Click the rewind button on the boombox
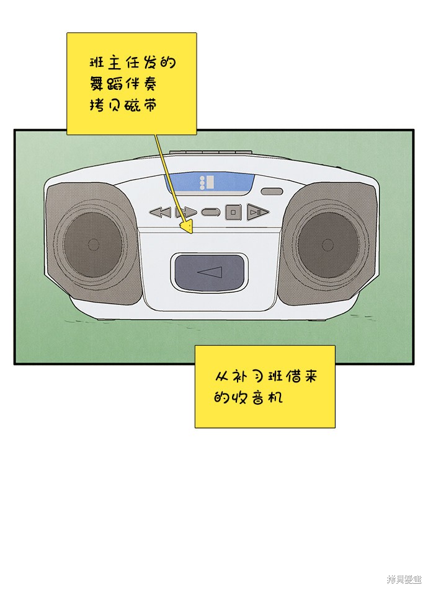pos(160,212)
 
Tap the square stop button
pos(233,212)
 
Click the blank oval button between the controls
pos(211,212)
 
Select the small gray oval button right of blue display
pos(272,192)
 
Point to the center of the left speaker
pos(94,244)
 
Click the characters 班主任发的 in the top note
pos(132,63)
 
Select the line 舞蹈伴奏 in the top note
pos(122,84)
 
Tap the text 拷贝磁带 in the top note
pos(122,105)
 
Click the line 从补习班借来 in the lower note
pos(265,376)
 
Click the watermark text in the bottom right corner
pos(403,579)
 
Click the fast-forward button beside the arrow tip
pos(186,212)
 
